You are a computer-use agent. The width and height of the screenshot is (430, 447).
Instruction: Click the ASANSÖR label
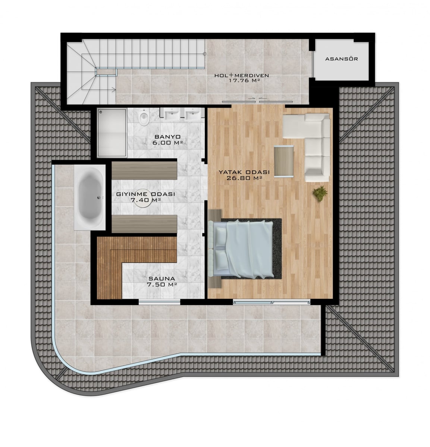[342, 59]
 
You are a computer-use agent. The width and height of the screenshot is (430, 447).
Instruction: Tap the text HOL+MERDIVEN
[242, 75]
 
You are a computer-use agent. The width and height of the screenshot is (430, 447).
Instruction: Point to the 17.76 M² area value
[244, 80]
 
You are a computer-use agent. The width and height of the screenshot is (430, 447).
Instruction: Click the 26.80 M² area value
[244, 178]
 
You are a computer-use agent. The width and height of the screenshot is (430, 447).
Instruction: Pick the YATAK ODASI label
[244, 172]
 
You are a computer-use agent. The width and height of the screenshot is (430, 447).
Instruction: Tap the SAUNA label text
[161, 279]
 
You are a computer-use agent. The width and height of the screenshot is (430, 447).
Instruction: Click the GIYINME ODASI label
[145, 194]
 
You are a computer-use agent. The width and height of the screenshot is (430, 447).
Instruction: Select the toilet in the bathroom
[144, 117]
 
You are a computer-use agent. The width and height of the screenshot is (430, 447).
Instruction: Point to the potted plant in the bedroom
[320, 194]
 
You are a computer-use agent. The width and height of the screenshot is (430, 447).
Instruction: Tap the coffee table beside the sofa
[284, 162]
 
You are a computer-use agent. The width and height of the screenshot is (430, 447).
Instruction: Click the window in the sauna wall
[159, 302]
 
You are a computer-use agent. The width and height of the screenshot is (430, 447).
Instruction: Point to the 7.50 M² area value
[161, 284]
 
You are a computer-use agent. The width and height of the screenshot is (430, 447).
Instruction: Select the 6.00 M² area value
[167, 143]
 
